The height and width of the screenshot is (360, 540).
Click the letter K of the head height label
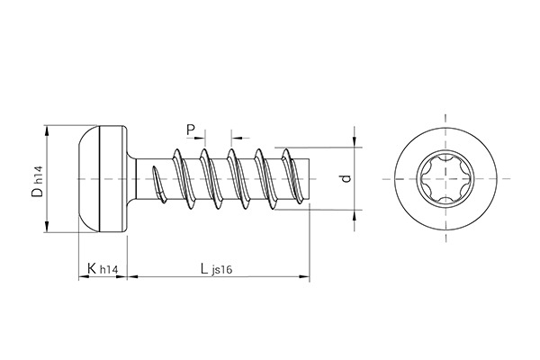tap(91, 269)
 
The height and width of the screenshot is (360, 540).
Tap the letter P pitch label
tap(191, 130)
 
